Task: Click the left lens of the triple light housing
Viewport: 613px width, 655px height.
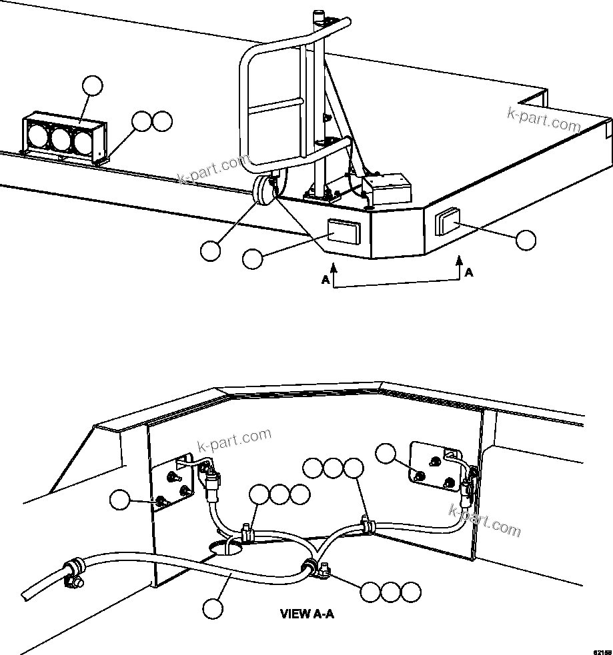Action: (39, 137)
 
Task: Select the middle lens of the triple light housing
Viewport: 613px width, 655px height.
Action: (61, 139)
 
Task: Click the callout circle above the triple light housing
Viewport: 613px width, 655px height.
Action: (93, 87)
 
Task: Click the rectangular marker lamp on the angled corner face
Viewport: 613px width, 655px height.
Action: (448, 221)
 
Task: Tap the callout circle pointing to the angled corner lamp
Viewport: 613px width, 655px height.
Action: (526, 241)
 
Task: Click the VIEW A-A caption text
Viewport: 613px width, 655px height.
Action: (307, 614)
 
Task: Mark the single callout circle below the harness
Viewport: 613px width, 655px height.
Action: (213, 608)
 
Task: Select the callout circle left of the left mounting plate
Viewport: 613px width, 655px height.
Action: (120, 500)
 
